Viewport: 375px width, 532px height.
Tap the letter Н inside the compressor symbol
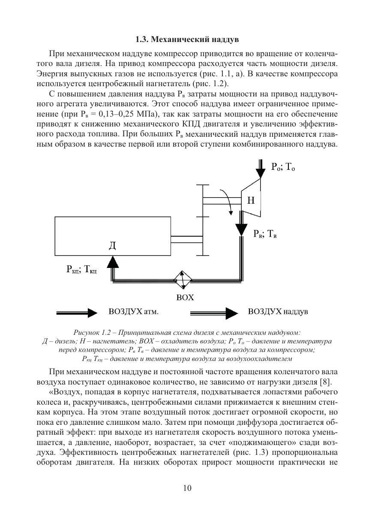(251, 200)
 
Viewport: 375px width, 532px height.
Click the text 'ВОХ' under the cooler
(185, 298)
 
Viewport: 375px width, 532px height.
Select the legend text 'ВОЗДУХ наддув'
(278, 312)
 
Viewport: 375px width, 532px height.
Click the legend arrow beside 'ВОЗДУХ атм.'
(78, 313)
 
